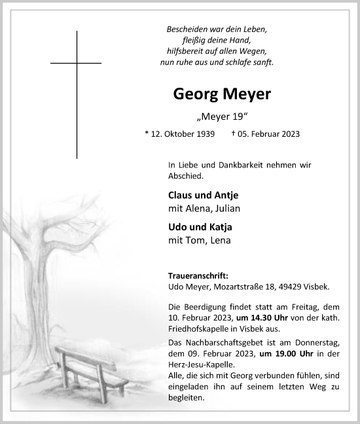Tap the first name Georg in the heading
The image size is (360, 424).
point(194,94)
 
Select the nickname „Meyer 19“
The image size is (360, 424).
point(221,117)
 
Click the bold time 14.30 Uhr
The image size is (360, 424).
point(287,317)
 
